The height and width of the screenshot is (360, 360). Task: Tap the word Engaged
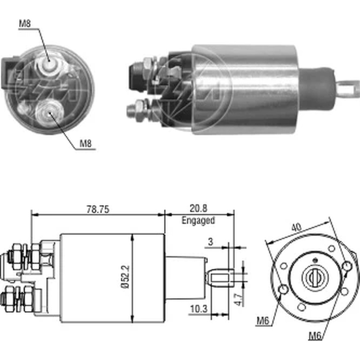point(198,220)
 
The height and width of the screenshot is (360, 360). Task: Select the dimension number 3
point(211,242)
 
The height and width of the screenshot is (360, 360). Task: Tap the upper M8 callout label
point(25,24)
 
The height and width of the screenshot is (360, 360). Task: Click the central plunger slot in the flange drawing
point(312,278)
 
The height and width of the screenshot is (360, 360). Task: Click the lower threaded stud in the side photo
point(137,110)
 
